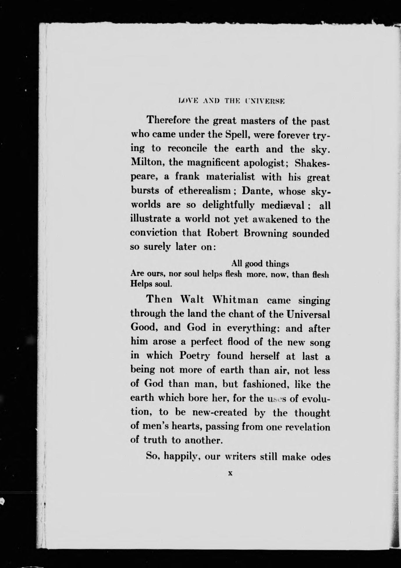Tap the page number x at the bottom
coord(230,474)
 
